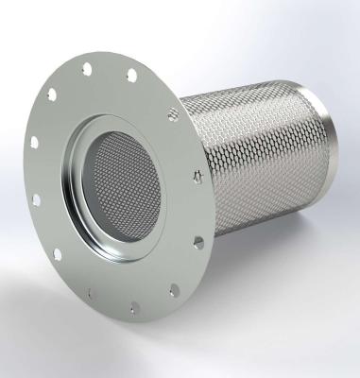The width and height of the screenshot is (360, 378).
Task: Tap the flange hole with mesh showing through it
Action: (173, 113)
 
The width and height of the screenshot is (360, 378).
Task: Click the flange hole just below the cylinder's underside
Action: (198, 243)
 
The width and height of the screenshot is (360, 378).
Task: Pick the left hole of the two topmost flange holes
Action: (87, 68)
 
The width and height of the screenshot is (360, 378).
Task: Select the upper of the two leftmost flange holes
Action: (35, 142)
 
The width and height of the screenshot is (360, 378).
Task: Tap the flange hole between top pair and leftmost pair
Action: (52, 94)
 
